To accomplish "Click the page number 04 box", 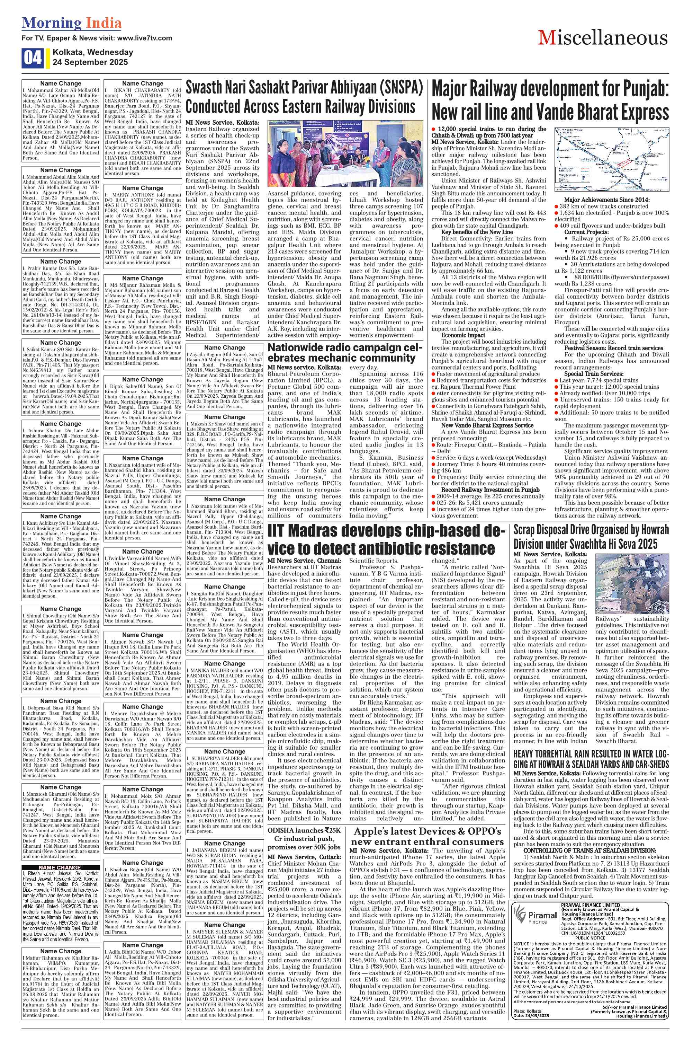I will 32,58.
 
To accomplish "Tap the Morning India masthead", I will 72,23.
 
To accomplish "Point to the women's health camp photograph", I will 345,153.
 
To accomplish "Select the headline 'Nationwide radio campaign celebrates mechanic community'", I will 345,352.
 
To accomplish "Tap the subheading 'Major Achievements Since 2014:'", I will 607,200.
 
